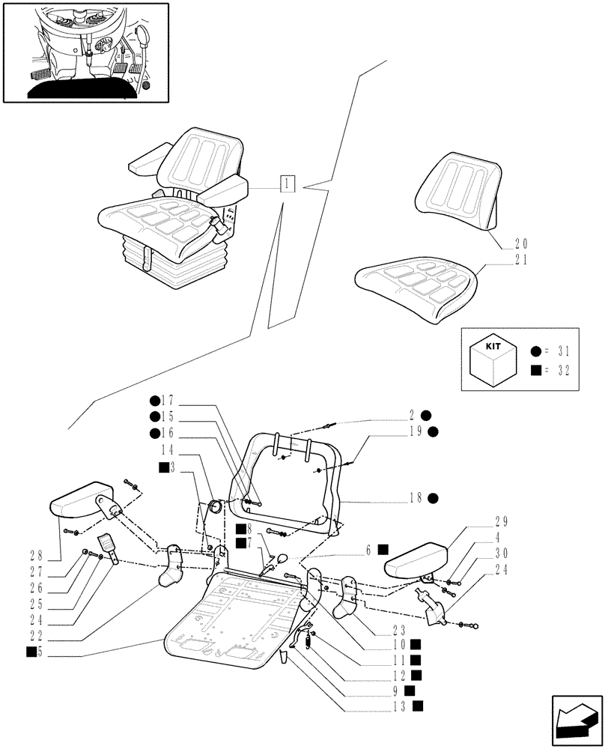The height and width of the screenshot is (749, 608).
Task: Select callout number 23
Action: pos(398,629)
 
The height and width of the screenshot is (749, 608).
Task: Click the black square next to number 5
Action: pos(31,652)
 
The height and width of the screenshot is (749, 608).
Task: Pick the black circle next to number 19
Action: pos(434,431)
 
